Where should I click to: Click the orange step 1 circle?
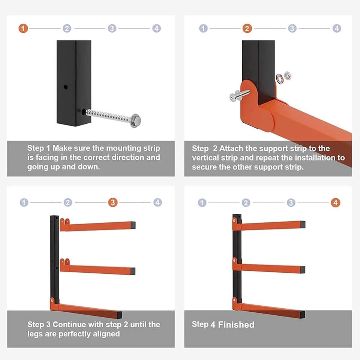23,28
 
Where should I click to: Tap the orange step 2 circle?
247,28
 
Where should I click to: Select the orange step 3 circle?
113,202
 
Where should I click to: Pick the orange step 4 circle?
335,202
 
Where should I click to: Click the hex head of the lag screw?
135,120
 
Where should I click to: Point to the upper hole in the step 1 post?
66,87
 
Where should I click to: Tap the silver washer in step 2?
279,79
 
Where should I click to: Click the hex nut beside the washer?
288,76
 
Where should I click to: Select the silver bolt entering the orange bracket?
240,95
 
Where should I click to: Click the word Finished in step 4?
236,325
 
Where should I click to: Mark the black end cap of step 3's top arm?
133,225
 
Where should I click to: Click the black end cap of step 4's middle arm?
302,270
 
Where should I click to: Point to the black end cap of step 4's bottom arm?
302,315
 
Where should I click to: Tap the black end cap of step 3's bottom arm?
119,315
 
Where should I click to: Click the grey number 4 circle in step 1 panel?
157,28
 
